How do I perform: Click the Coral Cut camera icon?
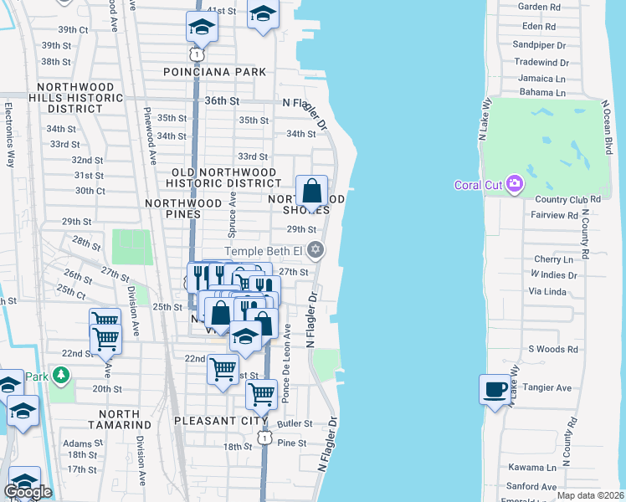point(515,183)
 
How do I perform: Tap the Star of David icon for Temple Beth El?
point(316,249)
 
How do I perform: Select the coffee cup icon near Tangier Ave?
point(494,389)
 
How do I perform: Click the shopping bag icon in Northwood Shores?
point(311,191)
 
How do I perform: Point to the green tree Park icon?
point(60,376)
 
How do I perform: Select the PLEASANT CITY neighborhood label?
point(221,420)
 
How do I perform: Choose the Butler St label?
point(297,424)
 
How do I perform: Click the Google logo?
point(28,492)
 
